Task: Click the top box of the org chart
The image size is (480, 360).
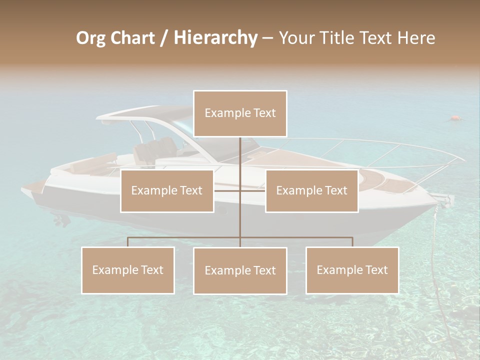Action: (240, 113)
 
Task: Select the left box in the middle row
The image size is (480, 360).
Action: (167, 190)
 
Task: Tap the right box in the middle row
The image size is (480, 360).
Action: (311, 190)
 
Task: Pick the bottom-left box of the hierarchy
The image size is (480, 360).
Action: (128, 270)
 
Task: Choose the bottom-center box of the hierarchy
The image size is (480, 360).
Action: (240, 270)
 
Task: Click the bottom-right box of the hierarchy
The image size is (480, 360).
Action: (352, 270)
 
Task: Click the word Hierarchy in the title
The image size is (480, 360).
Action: (215, 38)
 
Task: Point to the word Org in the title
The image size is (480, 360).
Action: (90, 38)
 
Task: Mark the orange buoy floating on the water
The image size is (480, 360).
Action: (455, 118)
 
